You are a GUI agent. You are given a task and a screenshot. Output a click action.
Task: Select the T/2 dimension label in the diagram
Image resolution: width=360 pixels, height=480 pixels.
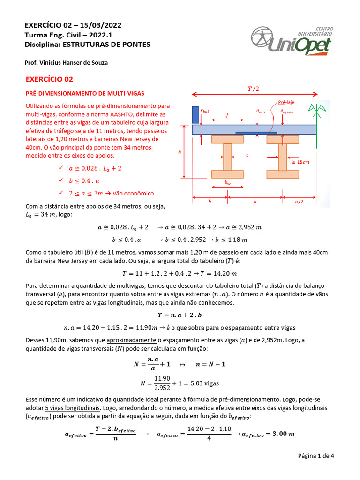[x=253, y=89]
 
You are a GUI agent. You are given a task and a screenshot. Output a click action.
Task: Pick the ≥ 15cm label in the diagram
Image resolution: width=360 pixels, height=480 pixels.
[x=300, y=162]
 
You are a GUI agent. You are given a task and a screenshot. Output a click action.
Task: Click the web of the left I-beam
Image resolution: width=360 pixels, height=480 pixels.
[x=227, y=157]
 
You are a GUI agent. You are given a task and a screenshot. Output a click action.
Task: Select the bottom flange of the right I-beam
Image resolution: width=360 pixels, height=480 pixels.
[x=283, y=174]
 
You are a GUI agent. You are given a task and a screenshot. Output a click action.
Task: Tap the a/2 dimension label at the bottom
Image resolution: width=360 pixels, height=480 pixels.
[x=299, y=202]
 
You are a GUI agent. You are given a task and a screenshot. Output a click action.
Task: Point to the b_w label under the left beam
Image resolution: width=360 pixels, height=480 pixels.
[x=227, y=183]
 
